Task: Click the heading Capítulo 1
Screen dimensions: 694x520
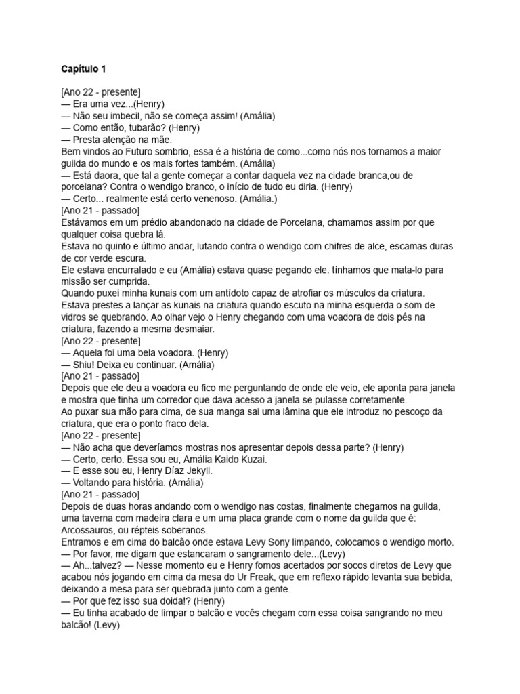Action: [x=83, y=68]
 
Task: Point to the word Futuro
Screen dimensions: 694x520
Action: [x=134, y=151]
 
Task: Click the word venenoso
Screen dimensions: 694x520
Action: [x=205, y=199]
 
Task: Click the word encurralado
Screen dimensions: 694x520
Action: [x=127, y=269]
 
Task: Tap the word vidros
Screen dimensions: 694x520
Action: [x=74, y=317]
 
